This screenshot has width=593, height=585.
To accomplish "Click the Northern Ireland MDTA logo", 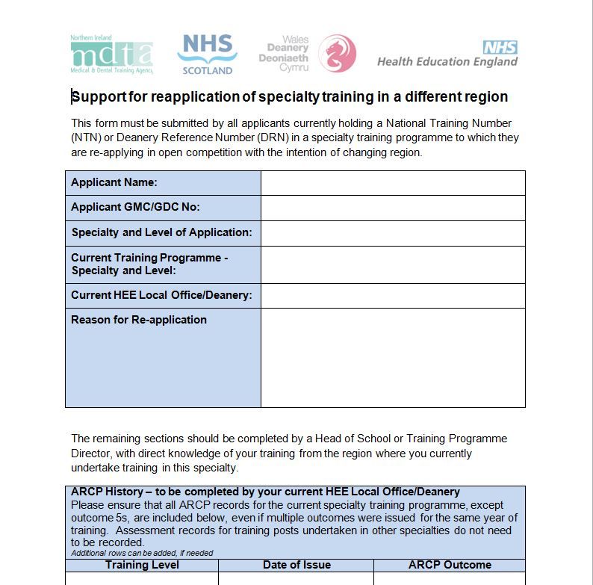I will [x=112, y=55].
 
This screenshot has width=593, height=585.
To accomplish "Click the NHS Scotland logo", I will [x=207, y=54].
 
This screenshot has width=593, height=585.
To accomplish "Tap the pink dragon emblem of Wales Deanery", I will [x=338, y=54].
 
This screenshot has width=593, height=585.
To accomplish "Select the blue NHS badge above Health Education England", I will [x=500, y=48].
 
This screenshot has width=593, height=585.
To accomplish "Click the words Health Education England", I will [x=447, y=62].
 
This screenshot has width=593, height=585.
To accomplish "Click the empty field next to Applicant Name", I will [x=393, y=183].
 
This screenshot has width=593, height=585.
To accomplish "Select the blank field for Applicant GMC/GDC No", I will [x=393, y=208].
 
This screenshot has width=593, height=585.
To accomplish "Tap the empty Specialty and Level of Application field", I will [x=393, y=233].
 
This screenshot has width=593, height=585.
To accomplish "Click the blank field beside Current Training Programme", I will [x=393, y=264].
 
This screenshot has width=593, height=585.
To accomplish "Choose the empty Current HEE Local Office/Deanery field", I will [x=393, y=296].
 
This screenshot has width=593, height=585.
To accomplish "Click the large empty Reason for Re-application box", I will [x=393, y=357].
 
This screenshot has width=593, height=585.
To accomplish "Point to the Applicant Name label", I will [x=114, y=182].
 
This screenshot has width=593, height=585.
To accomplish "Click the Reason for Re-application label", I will [x=139, y=320].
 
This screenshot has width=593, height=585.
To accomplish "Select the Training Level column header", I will [x=142, y=565].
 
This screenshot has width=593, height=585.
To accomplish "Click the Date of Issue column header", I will [x=296, y=565].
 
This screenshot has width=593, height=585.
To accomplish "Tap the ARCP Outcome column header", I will [x=450, y=565].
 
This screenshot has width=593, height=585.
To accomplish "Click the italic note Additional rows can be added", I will [x=142, y=553].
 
